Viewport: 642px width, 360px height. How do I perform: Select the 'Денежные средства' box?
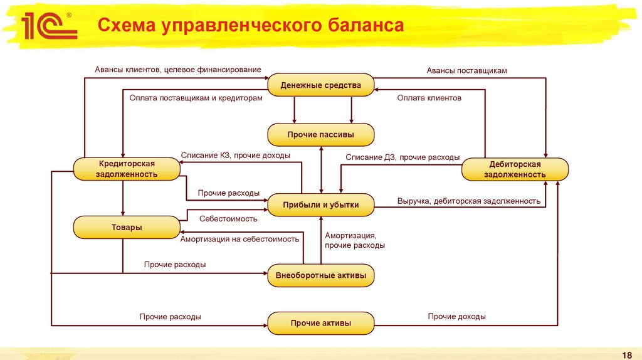321,85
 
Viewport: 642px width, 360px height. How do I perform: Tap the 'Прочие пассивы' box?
321,135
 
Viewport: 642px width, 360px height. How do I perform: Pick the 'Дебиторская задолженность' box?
515,169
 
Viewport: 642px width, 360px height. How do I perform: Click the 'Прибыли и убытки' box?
321,205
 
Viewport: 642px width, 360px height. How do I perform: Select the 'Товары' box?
127,227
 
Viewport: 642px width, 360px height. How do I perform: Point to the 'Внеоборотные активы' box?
321,275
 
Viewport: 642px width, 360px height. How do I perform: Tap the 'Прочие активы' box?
321,323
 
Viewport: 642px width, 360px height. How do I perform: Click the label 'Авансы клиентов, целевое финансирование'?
178,70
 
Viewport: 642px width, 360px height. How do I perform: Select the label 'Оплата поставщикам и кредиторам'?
196,98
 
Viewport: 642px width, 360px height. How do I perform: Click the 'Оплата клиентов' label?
429,98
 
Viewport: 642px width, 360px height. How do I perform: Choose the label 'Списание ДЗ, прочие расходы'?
403,157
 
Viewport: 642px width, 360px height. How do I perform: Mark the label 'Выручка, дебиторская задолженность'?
468,201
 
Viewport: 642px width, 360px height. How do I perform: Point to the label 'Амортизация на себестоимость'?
240,239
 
